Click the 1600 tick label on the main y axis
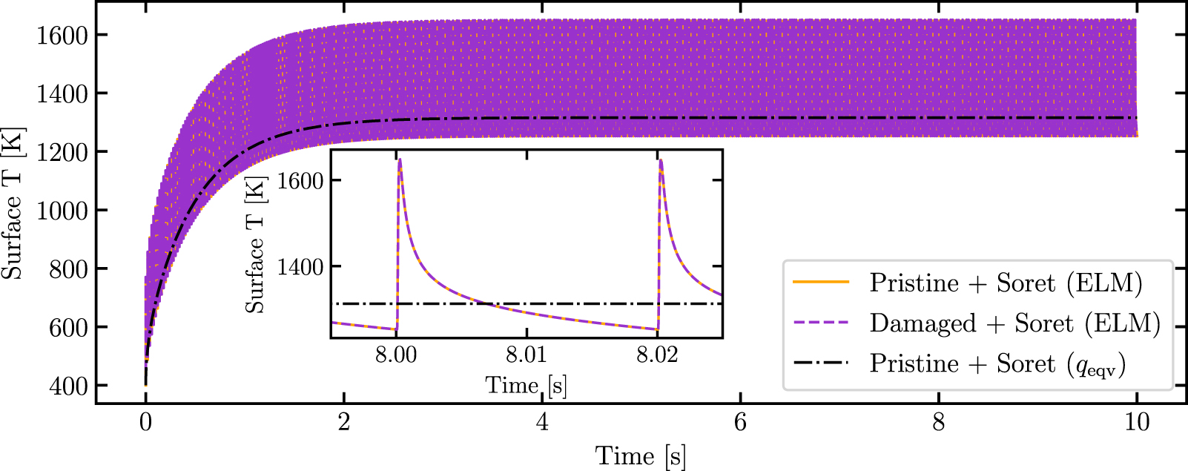pos(62,35)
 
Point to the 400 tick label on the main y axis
pos(68,386)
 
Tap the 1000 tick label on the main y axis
pos(62,211)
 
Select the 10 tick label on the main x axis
pos(1136,423)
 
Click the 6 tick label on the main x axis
pos(740,423)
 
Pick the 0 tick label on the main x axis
pos(145,423)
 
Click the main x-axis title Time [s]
pos(640,456)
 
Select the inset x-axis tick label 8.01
pos(527,355)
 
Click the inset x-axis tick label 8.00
pos(396,355)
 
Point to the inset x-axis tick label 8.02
pos(657,355)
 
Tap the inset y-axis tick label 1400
pos(300,267)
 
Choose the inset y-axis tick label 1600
pos(300,181)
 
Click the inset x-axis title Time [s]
pos(526,385)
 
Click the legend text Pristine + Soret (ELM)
pos(1006,283)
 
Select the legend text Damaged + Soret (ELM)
pos(1014,323)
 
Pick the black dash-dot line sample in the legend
pos(821,363)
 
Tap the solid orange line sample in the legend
pos(821,283)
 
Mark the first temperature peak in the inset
pos(400,159)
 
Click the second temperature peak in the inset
pos(661,160)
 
